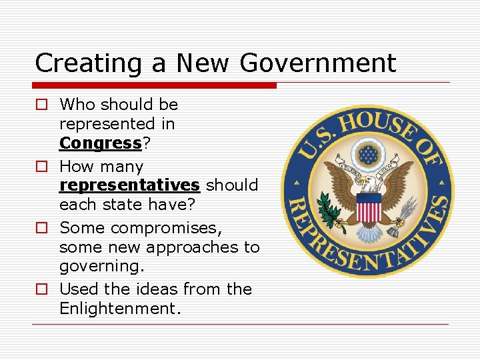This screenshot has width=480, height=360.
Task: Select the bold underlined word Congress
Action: (x=100, y=143)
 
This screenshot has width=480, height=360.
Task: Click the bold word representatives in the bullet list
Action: (x=129, y=185)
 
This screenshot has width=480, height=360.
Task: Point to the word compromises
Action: (x=166, y=227)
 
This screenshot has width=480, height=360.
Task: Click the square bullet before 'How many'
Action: (x=41, y=166)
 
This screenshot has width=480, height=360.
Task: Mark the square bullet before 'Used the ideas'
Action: (x=41, y=289)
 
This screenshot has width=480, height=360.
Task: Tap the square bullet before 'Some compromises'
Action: (x=41, y=228)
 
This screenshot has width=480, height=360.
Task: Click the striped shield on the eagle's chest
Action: (x=368, y=209)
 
